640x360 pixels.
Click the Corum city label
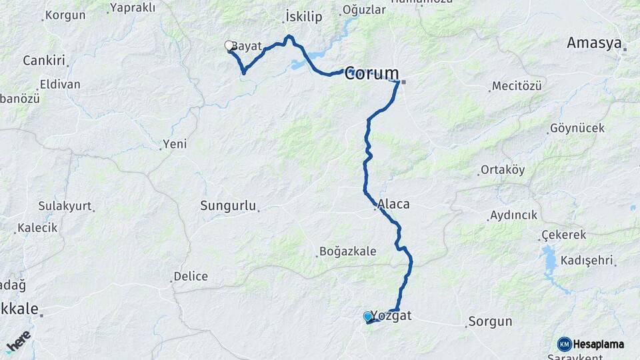tap(371, 73)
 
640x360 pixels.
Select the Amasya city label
tap(594, 43)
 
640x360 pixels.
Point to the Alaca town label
tap(393, 204)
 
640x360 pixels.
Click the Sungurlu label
tap(228, 206)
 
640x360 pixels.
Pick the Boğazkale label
tap(348, 251)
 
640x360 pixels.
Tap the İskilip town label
tap(304, 15)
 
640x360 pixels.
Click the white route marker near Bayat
tap(229, 46)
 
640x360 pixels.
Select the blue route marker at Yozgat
tap(367, 317)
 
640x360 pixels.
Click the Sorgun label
tap(490, 321)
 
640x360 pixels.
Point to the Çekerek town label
tap(563, 235)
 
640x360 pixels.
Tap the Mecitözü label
tap(518, 86)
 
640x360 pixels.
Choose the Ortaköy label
tap(503, 170)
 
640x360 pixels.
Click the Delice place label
tap(191, 276)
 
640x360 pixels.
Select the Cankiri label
tap(43, 61)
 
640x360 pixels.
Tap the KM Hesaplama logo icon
tap(564, 344)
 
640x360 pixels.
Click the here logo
tap(17, 342)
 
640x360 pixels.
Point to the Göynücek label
tap(577, 128)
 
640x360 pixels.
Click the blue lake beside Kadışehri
tap(551, 259)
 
